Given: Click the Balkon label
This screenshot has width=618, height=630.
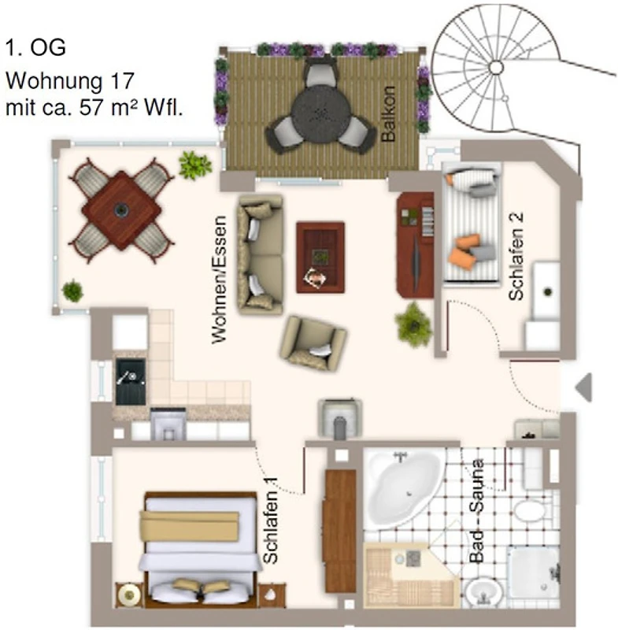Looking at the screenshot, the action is pos(388,113).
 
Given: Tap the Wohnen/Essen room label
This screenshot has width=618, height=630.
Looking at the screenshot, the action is pos(219,280).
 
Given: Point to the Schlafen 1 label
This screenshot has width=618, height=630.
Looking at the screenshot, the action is pos(271,521).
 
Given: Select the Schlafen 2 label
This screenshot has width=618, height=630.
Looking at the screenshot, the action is pos(516,256).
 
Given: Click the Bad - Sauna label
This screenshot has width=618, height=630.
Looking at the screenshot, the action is pos(476,510).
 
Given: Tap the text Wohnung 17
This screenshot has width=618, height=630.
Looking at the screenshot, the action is pos(69,81).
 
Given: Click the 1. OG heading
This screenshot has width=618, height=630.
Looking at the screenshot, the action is pos(35,47).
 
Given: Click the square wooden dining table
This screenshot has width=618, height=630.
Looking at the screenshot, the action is pos(121,209).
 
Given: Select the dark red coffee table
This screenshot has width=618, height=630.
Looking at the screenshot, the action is pos(320,258).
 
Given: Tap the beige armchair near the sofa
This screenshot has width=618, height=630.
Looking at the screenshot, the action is pos(313,343).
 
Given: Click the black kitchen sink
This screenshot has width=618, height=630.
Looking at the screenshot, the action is pos(131,382).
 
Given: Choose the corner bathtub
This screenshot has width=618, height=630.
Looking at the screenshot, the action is pos(403,487).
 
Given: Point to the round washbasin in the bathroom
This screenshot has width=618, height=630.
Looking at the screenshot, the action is pos(483,591).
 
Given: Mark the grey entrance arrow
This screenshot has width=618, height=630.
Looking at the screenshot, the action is pos(583,387).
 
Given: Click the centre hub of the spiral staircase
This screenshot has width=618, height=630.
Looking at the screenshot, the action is pos(496,66).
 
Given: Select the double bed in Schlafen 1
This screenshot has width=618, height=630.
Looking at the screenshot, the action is pos(201,549).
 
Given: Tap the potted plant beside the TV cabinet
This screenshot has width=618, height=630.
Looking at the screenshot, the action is pos(413,325).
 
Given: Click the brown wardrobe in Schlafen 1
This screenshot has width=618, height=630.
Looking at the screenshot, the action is pos(341,531).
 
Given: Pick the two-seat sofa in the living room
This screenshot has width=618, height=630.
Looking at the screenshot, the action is pos(261,254).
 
